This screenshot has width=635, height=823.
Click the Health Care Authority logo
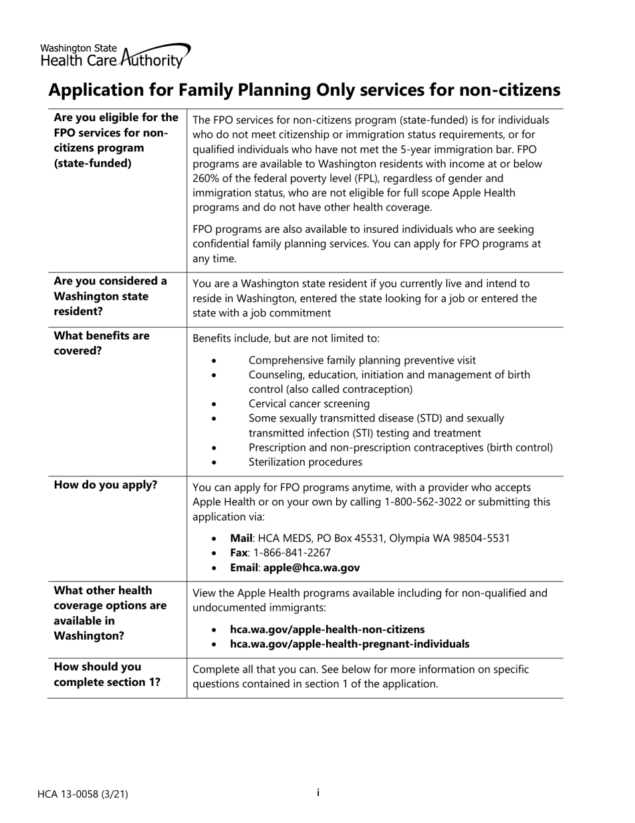pos(115,56)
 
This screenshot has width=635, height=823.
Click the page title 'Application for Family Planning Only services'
pos(304,90)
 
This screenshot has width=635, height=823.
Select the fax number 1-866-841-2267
pos(291,553)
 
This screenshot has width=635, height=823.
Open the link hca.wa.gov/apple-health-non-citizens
pos(327,629)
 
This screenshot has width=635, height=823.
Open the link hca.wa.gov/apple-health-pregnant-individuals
pos(349,644)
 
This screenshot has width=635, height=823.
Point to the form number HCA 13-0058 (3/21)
pos(83,794)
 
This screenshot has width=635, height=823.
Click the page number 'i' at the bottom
pos(317,793)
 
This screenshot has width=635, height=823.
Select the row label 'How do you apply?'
pos(106,485)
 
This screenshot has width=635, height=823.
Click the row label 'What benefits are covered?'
pos(102,343)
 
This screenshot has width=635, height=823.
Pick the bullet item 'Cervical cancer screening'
pos(309,403)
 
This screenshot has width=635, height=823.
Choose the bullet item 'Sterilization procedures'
pos(305,462)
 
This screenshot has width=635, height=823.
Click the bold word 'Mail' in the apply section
pos(241,538)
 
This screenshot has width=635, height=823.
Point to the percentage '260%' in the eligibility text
pos(207,178)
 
